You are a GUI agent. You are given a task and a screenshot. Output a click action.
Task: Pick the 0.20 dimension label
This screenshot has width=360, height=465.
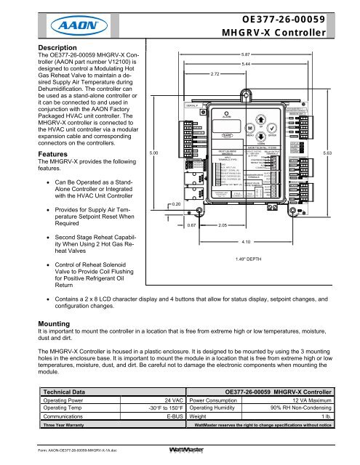point(177,205)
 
